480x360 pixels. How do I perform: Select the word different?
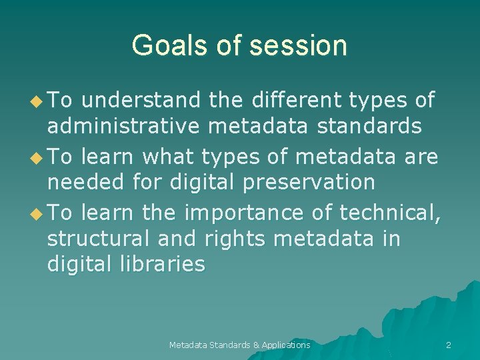tap(293, 101)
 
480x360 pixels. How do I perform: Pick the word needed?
tap(78, 181)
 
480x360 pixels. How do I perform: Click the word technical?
tap(390, 213)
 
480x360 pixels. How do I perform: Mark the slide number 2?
tap(448, 345)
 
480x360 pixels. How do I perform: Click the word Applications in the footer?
tap(286, 345)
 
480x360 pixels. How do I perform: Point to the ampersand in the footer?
tap(256, 345)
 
